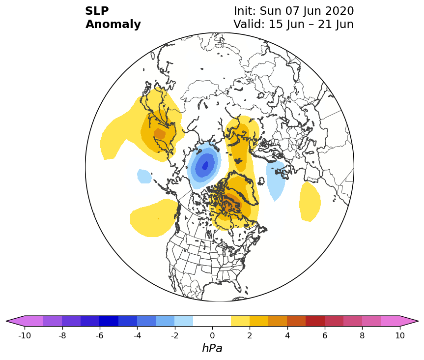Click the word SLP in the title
(x=97, y=11)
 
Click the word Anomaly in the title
(x=113, y=24)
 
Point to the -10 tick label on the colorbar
(x=25, y=335)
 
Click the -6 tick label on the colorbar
(x=100, y=335)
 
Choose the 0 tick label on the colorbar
(x=212, y=335)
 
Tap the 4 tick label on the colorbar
(x=287, y=335)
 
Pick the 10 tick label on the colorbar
(x=400, y=335)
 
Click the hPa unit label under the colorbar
(x=212, y=348)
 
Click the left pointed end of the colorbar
(x=6, y=321)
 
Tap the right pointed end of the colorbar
(x=418, y=321)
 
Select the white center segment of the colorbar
(x=212, y=321)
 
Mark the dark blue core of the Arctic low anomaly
(x=205, y=165)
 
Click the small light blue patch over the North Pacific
(x=144, y=176)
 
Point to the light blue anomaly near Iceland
(x=276, y=180)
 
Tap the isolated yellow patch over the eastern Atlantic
(x=310, y=201)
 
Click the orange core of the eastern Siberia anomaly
(x=160, y=134)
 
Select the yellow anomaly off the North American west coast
(x=154, y=218)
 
